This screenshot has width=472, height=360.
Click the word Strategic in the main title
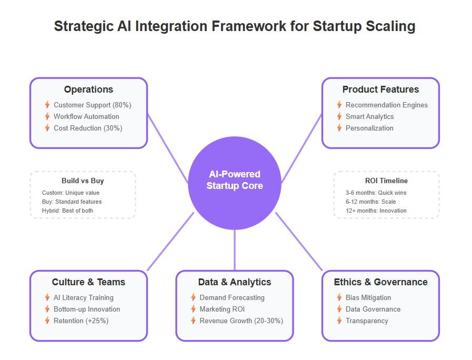(x=84, y=26)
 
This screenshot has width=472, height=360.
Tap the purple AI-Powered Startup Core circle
(x=235, y=183)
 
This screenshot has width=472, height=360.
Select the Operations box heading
(x=88, y=89)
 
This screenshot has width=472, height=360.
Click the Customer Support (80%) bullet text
(x=93, y=105)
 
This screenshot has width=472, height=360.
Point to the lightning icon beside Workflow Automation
(x=47, y=116)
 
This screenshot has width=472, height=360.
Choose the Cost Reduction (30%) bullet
(x=88, y=128)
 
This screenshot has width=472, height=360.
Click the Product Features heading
(x=380, y=89)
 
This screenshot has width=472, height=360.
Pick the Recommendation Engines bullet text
(x=387, y=105)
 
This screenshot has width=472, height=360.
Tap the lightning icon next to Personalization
(x=339, y=128)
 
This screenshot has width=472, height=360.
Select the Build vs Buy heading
(x=83, y=181)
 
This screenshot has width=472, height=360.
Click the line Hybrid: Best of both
(x=67, y=211)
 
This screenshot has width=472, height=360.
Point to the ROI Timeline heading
(x=387, y=181)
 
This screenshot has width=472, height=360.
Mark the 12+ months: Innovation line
(x=376, y=211)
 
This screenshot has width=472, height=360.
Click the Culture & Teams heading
(x=88, y=282)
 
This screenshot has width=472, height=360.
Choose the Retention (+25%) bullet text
(x=81, y=321)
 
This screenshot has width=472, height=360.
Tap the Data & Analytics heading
(x=235, y=282)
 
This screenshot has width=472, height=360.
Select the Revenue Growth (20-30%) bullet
(x=242, y=321)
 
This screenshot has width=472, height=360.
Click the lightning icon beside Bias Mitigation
(x=339, y=297)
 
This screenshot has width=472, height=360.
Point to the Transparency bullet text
(x=367, y=321)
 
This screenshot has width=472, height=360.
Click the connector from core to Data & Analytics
(x=235, y=250)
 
